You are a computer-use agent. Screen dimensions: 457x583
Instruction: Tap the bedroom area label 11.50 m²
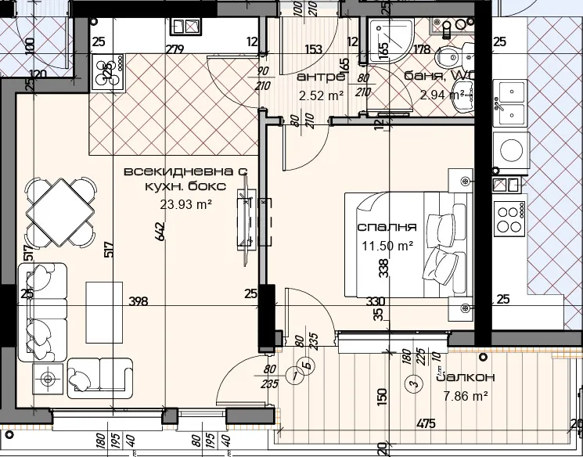[x=387, y=245]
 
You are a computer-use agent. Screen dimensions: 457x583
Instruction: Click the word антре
[x=321, y=77]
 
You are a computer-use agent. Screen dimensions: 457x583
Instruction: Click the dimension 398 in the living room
[x=138, y=301]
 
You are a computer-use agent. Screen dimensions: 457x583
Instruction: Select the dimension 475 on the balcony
[x=426, y=424]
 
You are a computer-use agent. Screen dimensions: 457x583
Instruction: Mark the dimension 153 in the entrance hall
[x=313, y=50]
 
